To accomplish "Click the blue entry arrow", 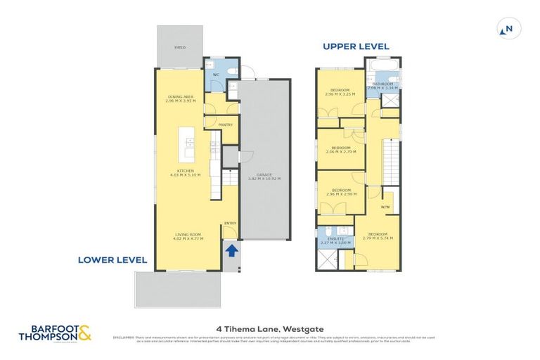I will click(231, 250).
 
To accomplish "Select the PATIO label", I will click(180, 49).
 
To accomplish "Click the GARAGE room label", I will click(264, 176).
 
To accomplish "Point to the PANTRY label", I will click(225, 124).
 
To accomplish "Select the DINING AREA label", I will click(179, 98).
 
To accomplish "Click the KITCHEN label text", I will click(186, 172).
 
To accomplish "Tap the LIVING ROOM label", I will click(188, 236).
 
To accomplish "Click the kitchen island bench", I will click(188, 144).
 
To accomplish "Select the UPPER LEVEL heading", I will click(355, 46).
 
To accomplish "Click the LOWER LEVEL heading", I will click(112, 260).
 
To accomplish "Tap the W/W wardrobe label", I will click(385, 207).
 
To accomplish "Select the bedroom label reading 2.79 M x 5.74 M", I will click(377, 236).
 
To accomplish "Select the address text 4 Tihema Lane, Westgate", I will click(270, 327).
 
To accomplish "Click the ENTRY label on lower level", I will click(229, 224).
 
